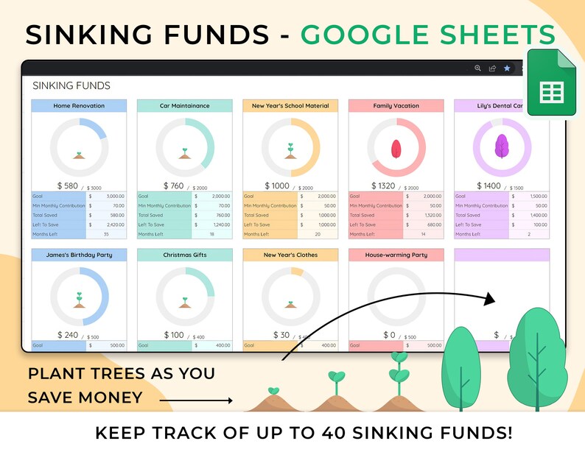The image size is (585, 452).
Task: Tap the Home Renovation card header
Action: pyautogui.click(x=79, y=106)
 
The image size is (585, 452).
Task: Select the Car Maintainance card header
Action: pyautogui.click(x=184, y=106)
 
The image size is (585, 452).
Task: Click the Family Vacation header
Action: pyautogui.click(x=396, y=106)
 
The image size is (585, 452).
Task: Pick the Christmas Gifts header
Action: pyautogui.click(x=184, y=255)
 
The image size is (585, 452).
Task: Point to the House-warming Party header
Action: pyautogui.click(x=396, y=255)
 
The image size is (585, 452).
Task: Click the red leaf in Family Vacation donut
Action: pyautogui.click(x=396, y=147)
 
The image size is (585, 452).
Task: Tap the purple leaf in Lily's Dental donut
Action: pyautogui.click(x=502, y=146)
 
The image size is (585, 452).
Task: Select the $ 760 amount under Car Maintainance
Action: pyautogui.click(x=174, y=186)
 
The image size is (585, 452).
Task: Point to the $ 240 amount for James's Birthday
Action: pyautogui.click(x=69, y=335)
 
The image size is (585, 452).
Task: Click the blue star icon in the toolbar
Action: pyautogui.click(x=507, y=68)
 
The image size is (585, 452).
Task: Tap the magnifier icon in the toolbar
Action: pyautogui.click(x=477, y=68)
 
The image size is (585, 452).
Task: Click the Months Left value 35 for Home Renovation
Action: pyautogui.click(x=106, y=234)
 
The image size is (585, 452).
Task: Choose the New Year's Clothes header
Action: pyautogui.click(x=290, y=255)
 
